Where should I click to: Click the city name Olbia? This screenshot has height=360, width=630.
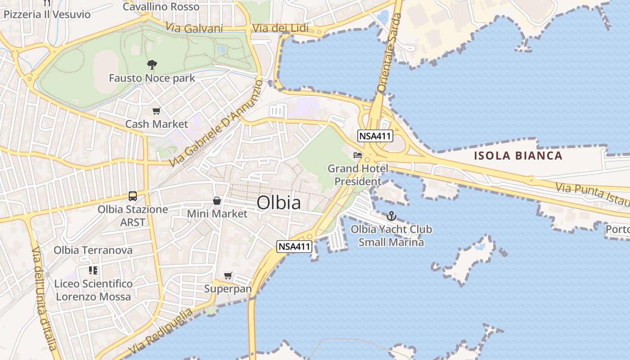click(279, 203)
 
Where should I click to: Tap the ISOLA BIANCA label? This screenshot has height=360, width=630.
click(518, 156)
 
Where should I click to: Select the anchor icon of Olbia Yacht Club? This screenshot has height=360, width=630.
click(391, 216)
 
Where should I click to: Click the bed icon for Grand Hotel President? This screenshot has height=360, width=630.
click(358, 155)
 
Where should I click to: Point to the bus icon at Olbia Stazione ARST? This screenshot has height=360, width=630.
click(132, 196)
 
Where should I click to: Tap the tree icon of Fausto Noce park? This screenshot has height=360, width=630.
click(152, 65)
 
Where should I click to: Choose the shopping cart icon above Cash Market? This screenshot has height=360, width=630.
click(157, 111)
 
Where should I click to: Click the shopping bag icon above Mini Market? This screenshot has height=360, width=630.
click(217, 201)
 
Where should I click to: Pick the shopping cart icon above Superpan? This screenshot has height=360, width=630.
click(228, 275)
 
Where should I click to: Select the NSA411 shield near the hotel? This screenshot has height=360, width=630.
click(375, 136)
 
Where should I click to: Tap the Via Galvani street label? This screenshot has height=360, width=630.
click(194, 28)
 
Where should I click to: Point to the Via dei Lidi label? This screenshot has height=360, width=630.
click(280, 28)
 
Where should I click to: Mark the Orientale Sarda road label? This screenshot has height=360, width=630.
click(389, 53)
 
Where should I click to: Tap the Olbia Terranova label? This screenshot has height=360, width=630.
click(93, 250)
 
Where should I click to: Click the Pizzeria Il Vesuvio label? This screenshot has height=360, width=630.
click(47, 14)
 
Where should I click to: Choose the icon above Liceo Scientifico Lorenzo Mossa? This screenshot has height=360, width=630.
click(93, 270)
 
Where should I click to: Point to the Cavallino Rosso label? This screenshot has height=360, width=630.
click(161, 7)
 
